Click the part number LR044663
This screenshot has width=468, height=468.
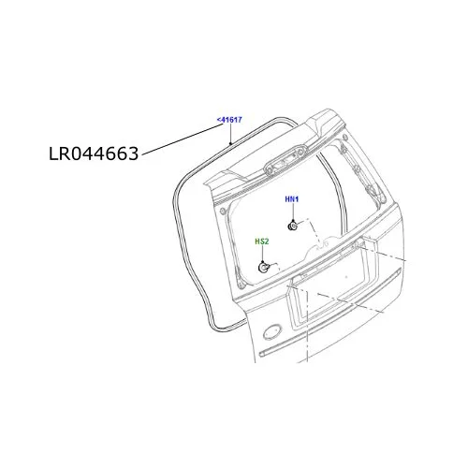click(94, 154)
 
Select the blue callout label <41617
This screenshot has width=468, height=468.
click(229, 120)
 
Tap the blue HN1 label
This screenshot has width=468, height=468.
click(292, 199)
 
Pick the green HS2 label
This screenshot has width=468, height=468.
click(262, 241)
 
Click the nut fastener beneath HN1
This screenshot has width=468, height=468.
click(292, 226)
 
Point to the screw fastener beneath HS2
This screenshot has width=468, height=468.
click(264, 268)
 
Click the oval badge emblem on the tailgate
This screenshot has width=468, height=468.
click(272, 332)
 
